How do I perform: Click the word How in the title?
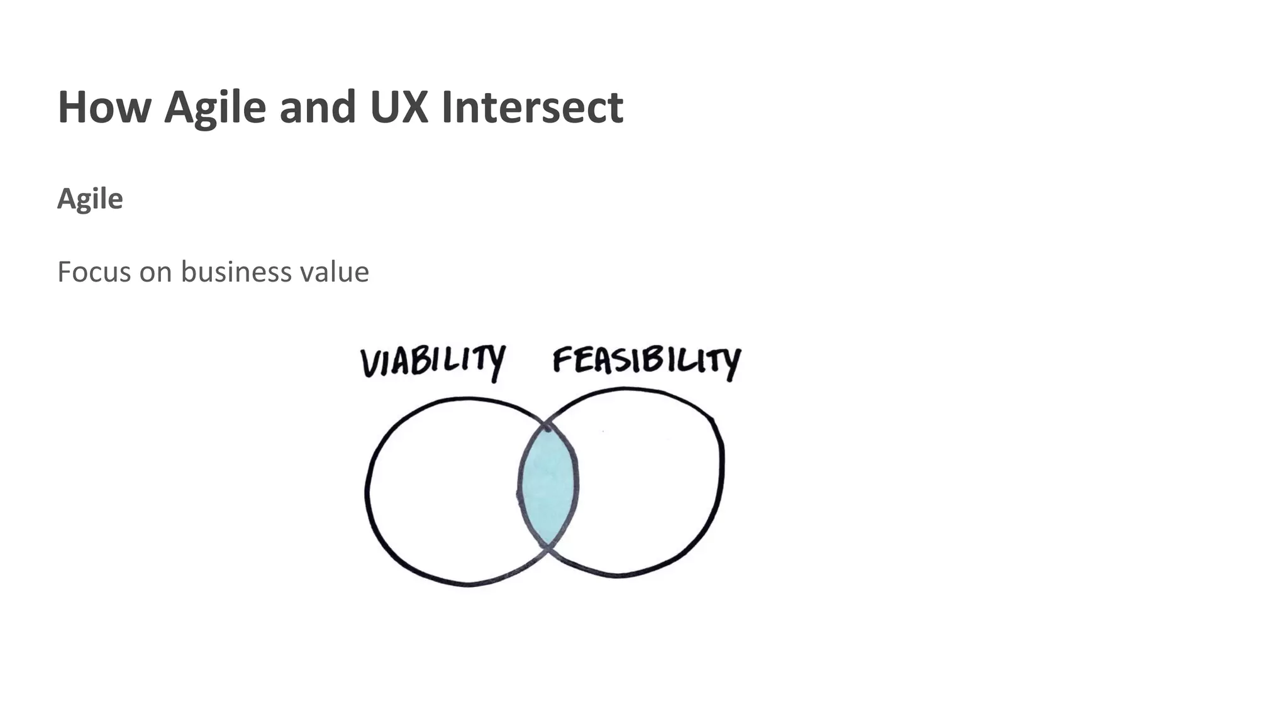coord(104,107)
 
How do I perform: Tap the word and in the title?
coord(318,107)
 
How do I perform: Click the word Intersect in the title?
coord(532,107)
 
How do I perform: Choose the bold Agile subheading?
coord(90,199)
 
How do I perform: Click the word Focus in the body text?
coord(94,272)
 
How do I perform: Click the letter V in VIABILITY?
coord(371,363)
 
